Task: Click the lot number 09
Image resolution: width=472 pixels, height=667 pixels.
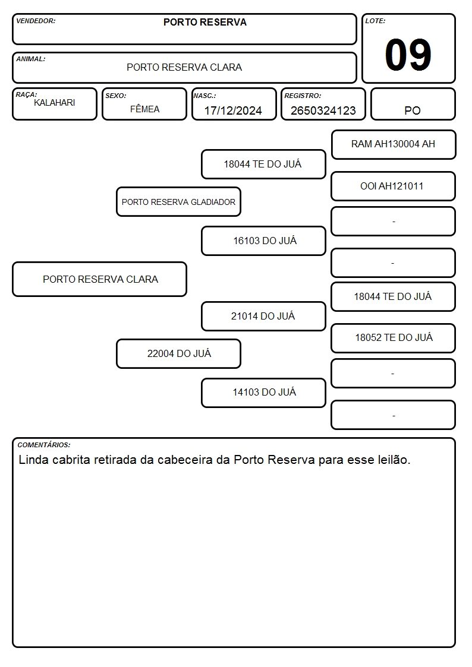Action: pos(408,55)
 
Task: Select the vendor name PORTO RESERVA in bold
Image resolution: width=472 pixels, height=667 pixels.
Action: pos(204,22)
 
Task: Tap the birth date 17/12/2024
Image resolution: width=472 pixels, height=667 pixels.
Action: pos(233,110)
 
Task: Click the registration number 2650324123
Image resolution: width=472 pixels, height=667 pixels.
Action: pos(323,110)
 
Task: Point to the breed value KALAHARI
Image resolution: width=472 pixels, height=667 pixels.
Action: pos(55,103)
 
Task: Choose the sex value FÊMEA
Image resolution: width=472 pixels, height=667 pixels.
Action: pos(144,109)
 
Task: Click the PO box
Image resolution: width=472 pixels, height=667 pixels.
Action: pos(413,104)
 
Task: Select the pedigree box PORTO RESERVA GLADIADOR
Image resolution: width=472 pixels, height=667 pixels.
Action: pos(178,201)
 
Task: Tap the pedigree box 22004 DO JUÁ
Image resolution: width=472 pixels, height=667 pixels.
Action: pos(178,353)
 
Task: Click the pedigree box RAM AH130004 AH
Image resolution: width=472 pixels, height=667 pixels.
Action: pos(394,145)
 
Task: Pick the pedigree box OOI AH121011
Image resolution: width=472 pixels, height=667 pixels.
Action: pos(393,186)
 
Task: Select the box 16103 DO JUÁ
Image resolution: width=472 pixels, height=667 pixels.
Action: pos(263,241)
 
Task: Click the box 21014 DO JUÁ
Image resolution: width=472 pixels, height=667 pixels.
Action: pos(263,316)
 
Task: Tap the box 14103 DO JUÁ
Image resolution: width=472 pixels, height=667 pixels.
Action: pos(263,393)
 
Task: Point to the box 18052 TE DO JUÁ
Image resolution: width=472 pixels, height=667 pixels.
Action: pos(393,338)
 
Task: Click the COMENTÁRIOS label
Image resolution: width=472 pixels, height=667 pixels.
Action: pos(44,445)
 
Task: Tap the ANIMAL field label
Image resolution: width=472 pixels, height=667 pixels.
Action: pos(31,59)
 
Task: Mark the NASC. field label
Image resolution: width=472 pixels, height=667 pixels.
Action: pos(204,96)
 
